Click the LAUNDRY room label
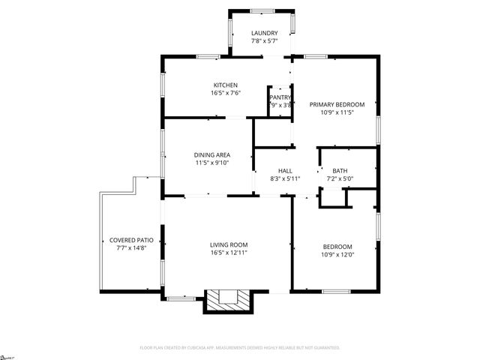pyautogui.click(x=264, y=33)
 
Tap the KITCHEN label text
pyautogui.click(x=225, y=85)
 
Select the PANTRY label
pyautogui.click(x=280, y=97)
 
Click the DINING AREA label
pyautogui.click(x=212, y=154)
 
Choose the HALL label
pyautogui.click(x=285, y=170)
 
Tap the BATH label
pyautogui.click(x=340, y=170)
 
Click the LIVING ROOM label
pyautogui.click(x=228, y=244)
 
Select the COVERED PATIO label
pyautogui.click(x=127, y=240)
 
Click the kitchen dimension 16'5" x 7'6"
pyautogui.click(x=225, y=94)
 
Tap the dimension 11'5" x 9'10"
pyautogui.click(x=212, y=163)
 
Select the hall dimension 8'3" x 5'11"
pyautogui.click(x=285, y=178)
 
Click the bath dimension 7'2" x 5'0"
pyautogui.click(x=340, y=178)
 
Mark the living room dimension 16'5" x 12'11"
pyautogui.click(x=228, y=253)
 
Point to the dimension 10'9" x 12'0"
pyautogui.click(x=337, y=254)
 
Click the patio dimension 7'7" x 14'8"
pyautogui.click(x=127, y=248)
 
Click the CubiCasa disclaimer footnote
pyautogui.click(x=240, y=348)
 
